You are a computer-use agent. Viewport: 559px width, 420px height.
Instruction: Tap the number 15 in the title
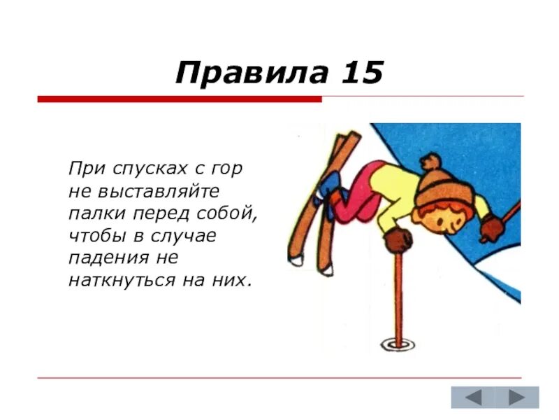[x=362, y=71]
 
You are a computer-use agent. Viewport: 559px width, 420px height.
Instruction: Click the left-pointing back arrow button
[x=474, y=398]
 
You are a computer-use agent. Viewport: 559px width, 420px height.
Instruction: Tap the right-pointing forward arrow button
[x=517, y=398]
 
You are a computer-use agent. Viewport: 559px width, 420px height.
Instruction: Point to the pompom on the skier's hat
[x=428, y=161]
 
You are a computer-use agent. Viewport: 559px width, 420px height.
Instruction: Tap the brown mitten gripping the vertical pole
[x=398, y=240]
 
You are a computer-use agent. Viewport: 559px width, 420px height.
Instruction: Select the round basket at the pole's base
[x=398, y=344]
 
